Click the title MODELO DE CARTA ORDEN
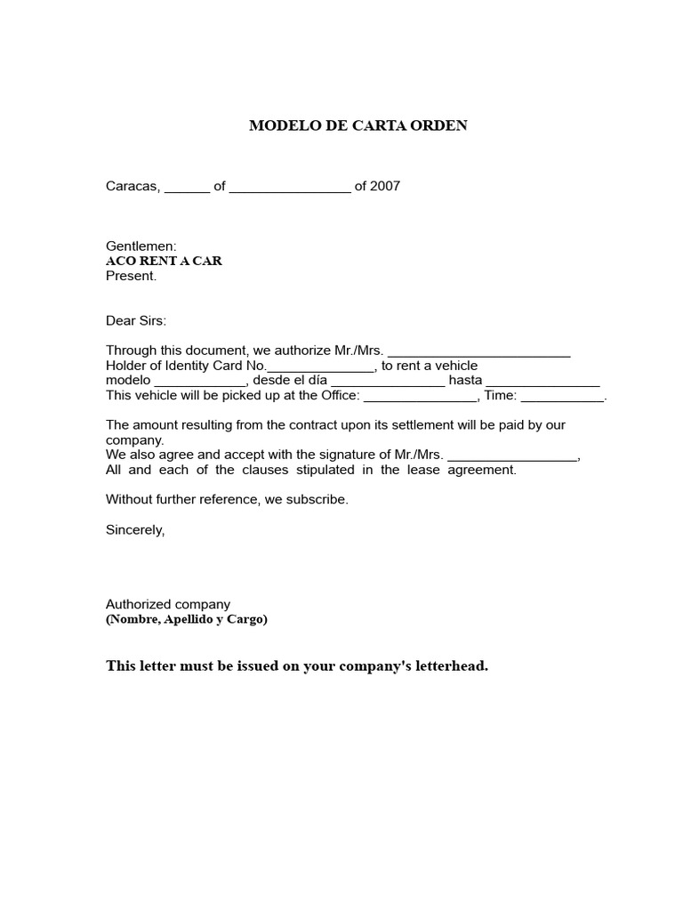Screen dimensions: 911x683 (x=358, y=125)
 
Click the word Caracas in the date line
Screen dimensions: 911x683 (x=133, y=187)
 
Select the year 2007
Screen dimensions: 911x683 (x=385, y=187)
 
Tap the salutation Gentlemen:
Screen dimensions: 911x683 (x=141, y=246)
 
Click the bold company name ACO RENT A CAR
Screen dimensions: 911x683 (x=164, y=261)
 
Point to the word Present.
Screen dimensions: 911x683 (x=131, y=276)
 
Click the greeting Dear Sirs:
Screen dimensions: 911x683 (x=135, y=320)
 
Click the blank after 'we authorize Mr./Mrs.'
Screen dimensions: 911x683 (x=479, y=352)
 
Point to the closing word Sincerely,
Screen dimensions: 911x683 (x=135, y=529)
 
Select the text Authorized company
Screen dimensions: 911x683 (x=168, y=604)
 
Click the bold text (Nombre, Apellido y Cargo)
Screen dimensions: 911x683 (x=186, y=619)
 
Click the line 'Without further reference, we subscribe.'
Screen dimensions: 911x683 (x=227, y=500)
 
